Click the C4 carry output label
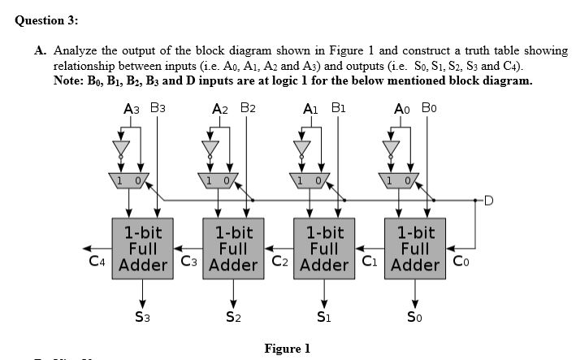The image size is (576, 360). [x=98, y=262]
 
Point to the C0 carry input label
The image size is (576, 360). [x=459, y=262]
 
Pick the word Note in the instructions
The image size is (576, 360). [x=68, y=81]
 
